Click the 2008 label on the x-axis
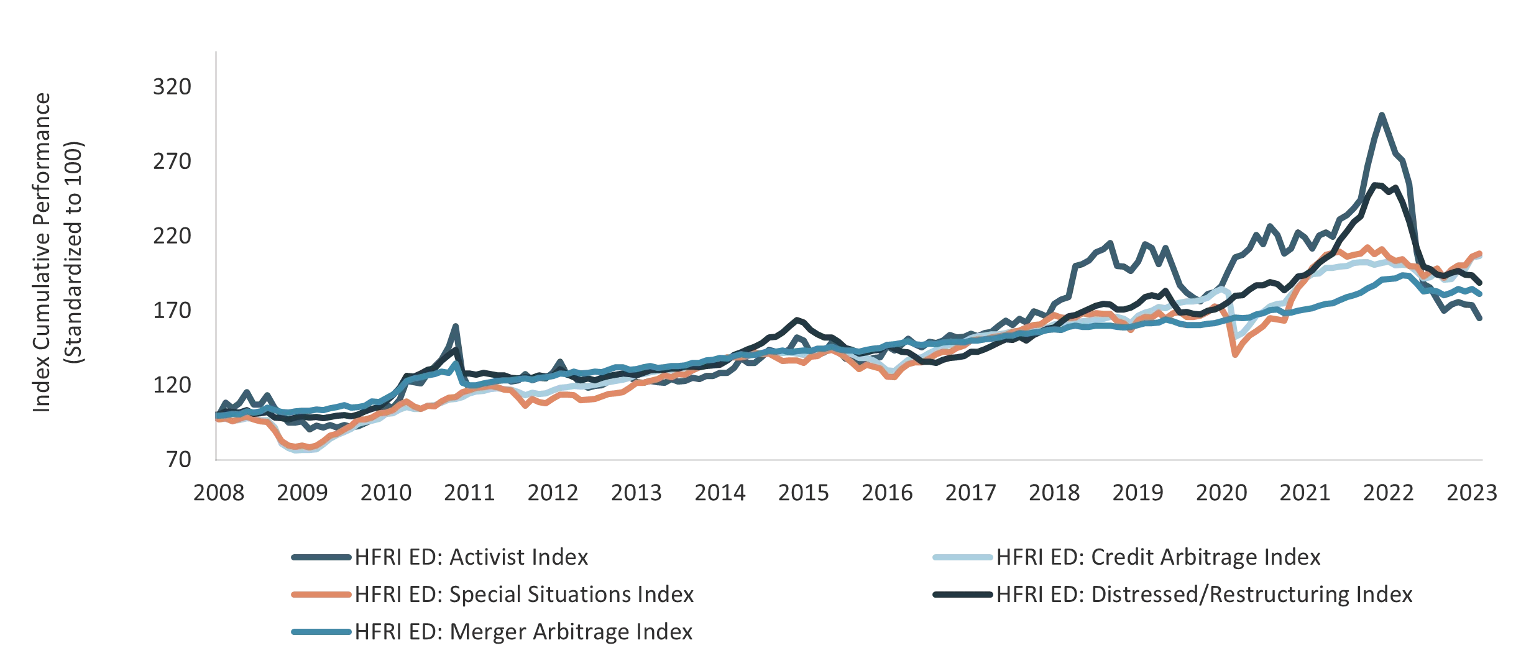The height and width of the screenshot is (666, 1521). click(221, 494)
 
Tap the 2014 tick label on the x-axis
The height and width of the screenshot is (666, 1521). click(719, 494)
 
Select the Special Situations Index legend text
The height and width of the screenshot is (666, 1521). click(523, 595)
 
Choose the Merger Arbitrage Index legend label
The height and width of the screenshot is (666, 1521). click(523, 632)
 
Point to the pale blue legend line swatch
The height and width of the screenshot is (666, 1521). click(962, 558)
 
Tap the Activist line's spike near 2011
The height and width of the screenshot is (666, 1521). click(456, 327)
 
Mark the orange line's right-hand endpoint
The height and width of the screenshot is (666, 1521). click(1483, 252)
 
